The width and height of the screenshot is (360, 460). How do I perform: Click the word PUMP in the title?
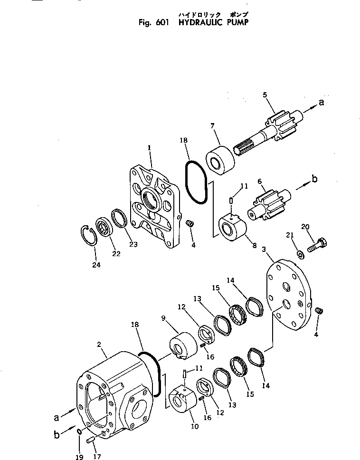point(235,22)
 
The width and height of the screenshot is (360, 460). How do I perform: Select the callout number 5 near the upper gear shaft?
point(265,95)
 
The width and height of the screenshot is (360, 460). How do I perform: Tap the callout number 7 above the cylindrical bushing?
point(212,125)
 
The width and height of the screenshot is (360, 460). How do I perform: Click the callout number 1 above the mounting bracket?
point(149,148)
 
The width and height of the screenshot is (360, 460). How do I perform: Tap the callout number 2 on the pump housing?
point(99,344)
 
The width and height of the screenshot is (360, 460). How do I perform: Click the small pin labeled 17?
point(91,441)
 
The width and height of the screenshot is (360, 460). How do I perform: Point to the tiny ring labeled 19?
point(79,431)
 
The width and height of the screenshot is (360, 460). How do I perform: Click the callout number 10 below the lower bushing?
point(194,426)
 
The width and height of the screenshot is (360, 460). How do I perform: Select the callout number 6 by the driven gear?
point(260,182)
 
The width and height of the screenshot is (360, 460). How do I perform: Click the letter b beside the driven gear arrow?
point(313,179)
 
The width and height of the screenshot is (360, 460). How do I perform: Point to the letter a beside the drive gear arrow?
point(321,102)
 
